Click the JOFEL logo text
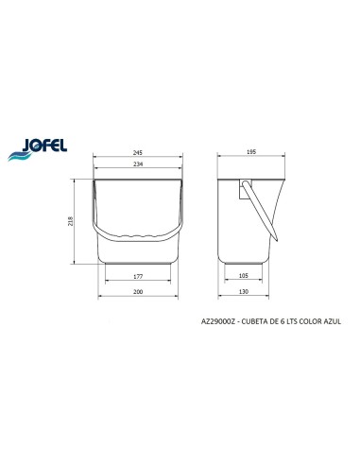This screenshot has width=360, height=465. coord(44,146)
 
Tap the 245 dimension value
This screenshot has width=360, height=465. coord(138,152)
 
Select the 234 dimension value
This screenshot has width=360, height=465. coord(138,164)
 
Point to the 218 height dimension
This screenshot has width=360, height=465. coord(70,221)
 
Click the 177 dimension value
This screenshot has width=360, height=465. coord(138,276)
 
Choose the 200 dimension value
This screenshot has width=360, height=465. coord(138,292)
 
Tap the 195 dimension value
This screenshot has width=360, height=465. coord(251,152)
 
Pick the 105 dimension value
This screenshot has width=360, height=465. coord(244,276)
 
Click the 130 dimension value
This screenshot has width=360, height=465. coord(244,291)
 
